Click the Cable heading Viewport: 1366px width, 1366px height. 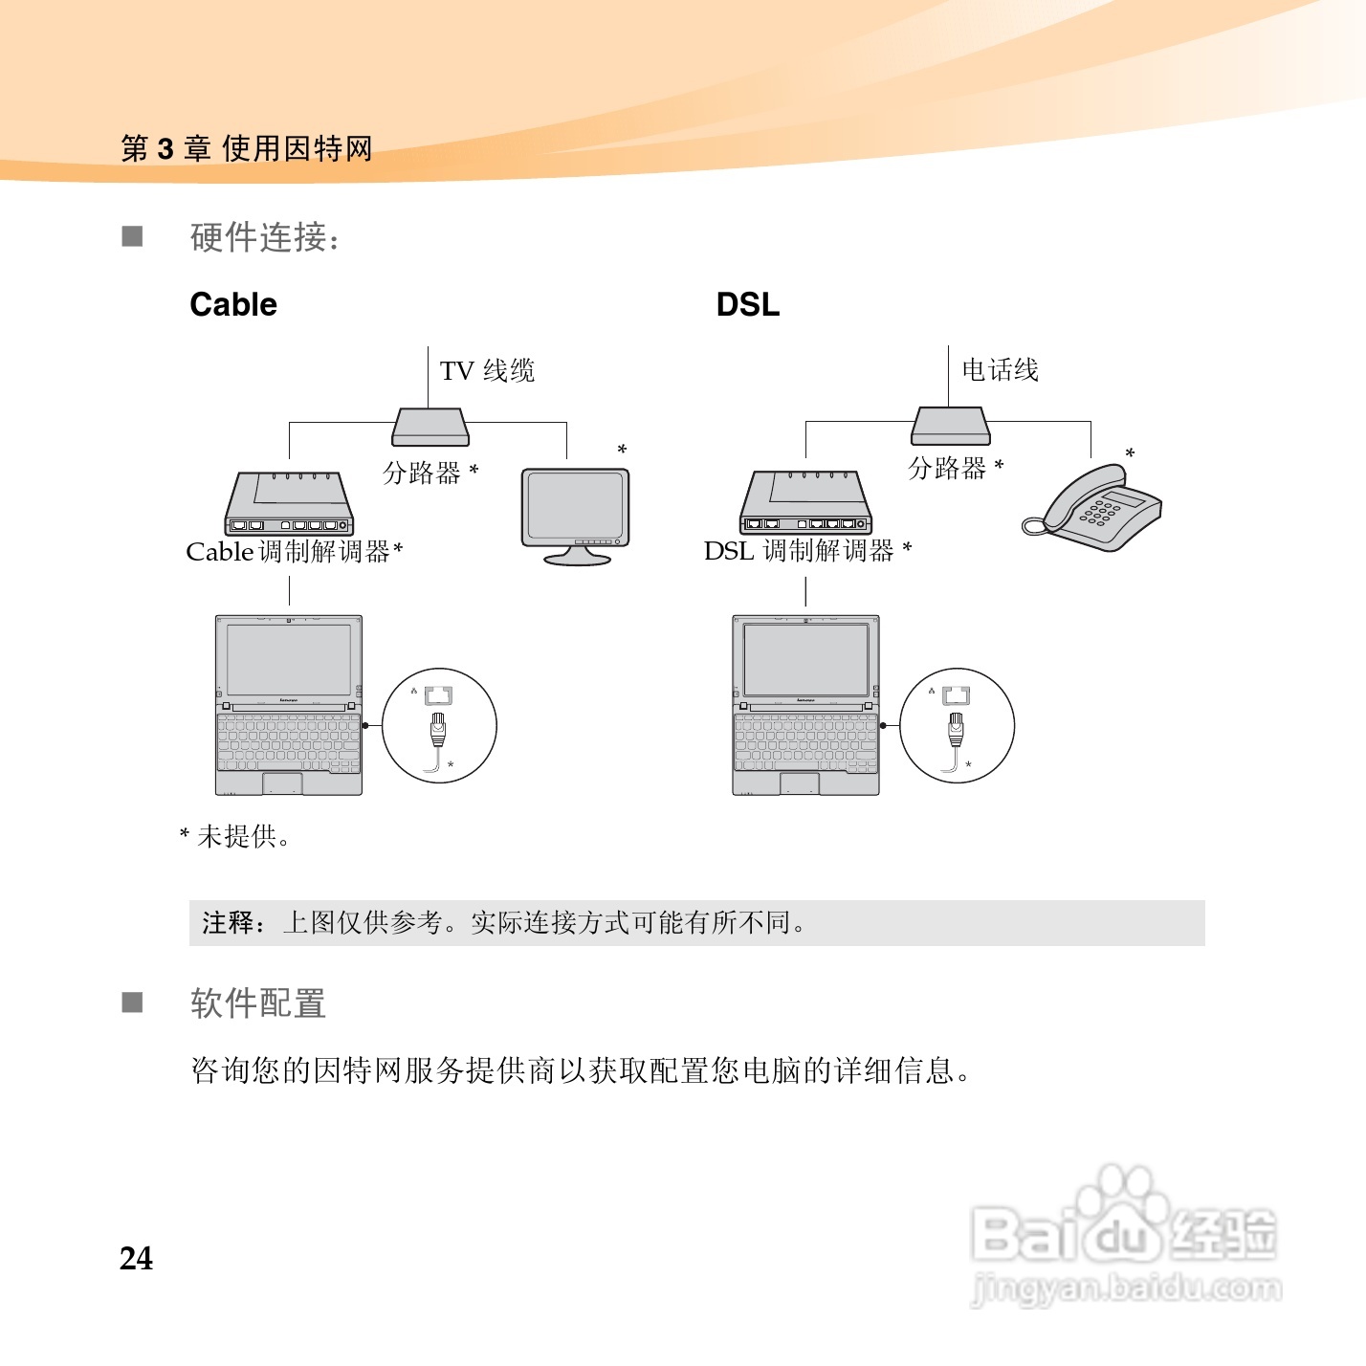click(233, 304)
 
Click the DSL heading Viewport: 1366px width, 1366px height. click(747, 304)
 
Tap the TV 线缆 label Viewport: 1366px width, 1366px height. click(487, 370)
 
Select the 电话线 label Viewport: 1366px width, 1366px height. click(1000, 369)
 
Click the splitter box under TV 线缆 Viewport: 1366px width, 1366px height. click(430, 428)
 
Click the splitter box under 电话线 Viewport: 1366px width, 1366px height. click(950, 426)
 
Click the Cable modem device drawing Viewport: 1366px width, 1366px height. click(289, 504)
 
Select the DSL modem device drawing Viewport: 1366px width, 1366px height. click(805, 503)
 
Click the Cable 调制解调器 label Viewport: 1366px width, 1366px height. click(294, 552)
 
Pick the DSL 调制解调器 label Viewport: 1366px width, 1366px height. click(807, 551)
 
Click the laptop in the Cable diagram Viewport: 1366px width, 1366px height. click(288, 705)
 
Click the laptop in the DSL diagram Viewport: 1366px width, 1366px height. click(805, 705)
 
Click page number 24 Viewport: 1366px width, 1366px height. click(136, 1258)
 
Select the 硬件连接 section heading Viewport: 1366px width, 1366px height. click(265, 237)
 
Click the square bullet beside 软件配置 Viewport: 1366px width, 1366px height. click(132, 1002)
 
